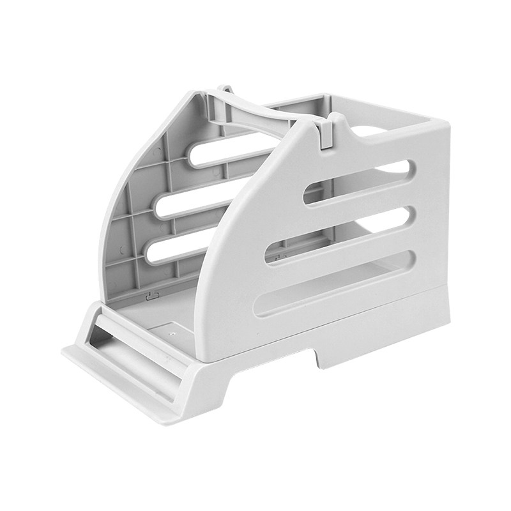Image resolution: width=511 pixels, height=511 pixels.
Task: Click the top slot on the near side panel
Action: [x=358, y=182]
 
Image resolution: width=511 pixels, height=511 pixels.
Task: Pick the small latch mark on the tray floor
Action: [x=152, y=295]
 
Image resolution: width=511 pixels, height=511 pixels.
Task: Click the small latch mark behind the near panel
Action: [x=280, y=257]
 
